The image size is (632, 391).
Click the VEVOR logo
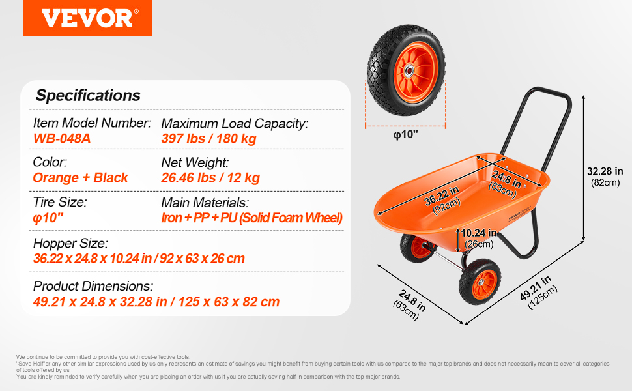click(88, 18)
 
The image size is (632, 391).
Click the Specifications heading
click(88, 96)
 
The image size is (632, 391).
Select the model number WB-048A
click(62, 139)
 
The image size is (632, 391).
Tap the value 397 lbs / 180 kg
click(208, 139)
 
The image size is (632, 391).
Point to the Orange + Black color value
click(80, 178)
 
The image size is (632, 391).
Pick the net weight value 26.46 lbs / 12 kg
click(210, 178)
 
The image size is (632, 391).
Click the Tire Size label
click(60, 202)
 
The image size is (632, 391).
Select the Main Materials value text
click(252, 218)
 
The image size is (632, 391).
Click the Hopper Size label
click(70, 244)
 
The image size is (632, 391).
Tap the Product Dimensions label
click(93, 286)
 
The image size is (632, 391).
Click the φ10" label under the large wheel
click(405, 135)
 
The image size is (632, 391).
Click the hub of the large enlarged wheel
click(409, 71)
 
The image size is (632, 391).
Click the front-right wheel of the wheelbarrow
click(480, 282)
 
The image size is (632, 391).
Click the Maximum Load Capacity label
click(235, 123)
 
